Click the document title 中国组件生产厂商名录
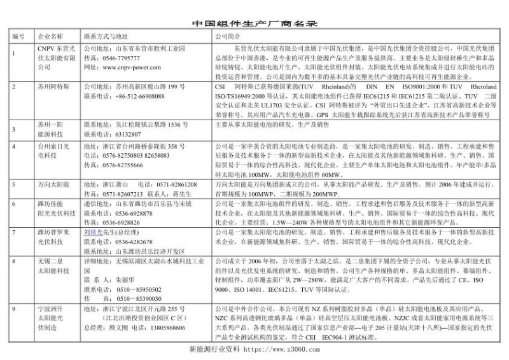254,24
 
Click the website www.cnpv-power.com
131,66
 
